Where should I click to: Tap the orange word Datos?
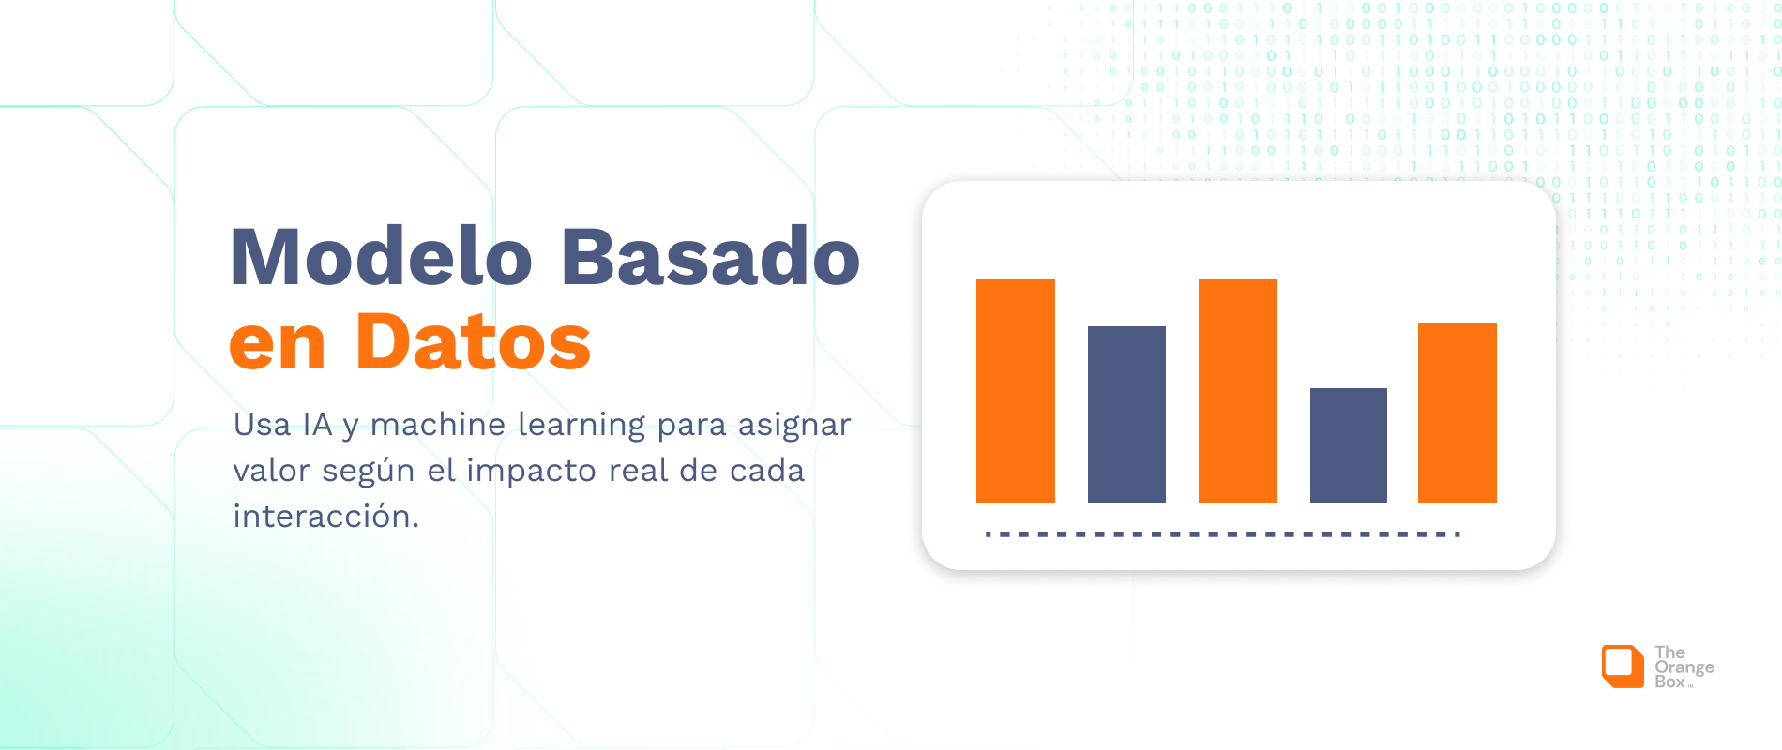[473, 342]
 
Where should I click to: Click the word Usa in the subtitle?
[263, 425]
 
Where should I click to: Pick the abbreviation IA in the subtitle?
[318, 425]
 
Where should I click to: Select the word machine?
[438, 425]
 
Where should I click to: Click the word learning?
[581, 425]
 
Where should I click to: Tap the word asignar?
[794, 425]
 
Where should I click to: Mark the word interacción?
[325, 517]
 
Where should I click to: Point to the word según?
[369, 472]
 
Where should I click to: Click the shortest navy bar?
[1348, 445]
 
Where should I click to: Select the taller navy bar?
[1126, 414]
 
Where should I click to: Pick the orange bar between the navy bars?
[1237, 391]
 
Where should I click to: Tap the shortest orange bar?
[1457, 412]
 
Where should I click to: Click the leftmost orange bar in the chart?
[1015, 391]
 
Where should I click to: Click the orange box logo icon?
[1622, 667]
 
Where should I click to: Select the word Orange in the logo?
[1684, 667]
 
